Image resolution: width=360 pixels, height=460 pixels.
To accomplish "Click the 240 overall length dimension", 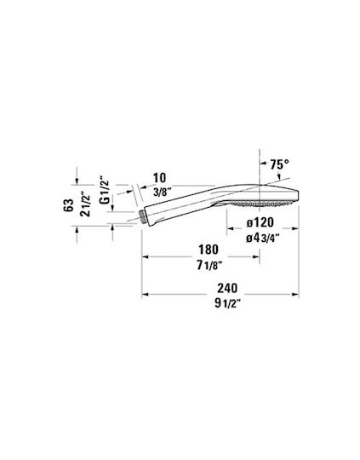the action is [x=227, y=288].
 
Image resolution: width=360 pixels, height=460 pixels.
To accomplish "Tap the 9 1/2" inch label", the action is [x=227, y=303].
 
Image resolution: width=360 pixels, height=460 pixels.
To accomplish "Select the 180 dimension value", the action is [x=209, y=250].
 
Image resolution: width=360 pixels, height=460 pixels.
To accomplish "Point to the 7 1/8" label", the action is [x=209, y=266].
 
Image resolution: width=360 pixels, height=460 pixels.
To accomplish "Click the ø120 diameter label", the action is [x=260, y=222].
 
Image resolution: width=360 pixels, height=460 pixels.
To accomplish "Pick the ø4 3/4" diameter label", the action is [x=262, y=239].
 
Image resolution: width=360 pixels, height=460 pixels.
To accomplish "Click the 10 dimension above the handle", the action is [x=159, y=178].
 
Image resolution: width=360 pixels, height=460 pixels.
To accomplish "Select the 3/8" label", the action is [x=163, y=193].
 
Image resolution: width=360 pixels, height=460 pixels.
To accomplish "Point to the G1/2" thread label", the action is [x=105, y=189].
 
